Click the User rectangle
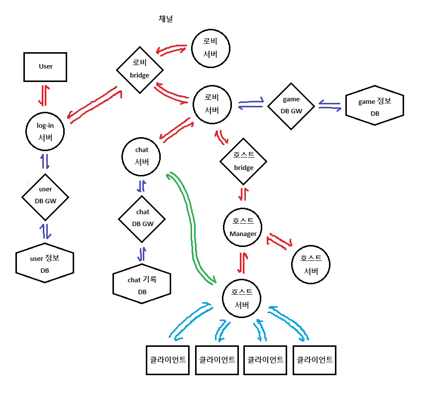pos(45,67)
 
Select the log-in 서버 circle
pos(45,131)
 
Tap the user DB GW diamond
pos(45,197)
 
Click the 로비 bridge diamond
pos(140,70)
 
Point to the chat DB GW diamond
pos(142,218)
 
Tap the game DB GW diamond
pos(291,105)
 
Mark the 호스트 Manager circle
pos(243,227)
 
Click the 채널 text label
pos(165,19)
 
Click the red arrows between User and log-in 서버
pos(44,95)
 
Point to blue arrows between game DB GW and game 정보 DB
pos(329,105)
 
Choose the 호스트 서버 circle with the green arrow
pos(242,298)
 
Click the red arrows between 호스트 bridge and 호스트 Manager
pos(243,193)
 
